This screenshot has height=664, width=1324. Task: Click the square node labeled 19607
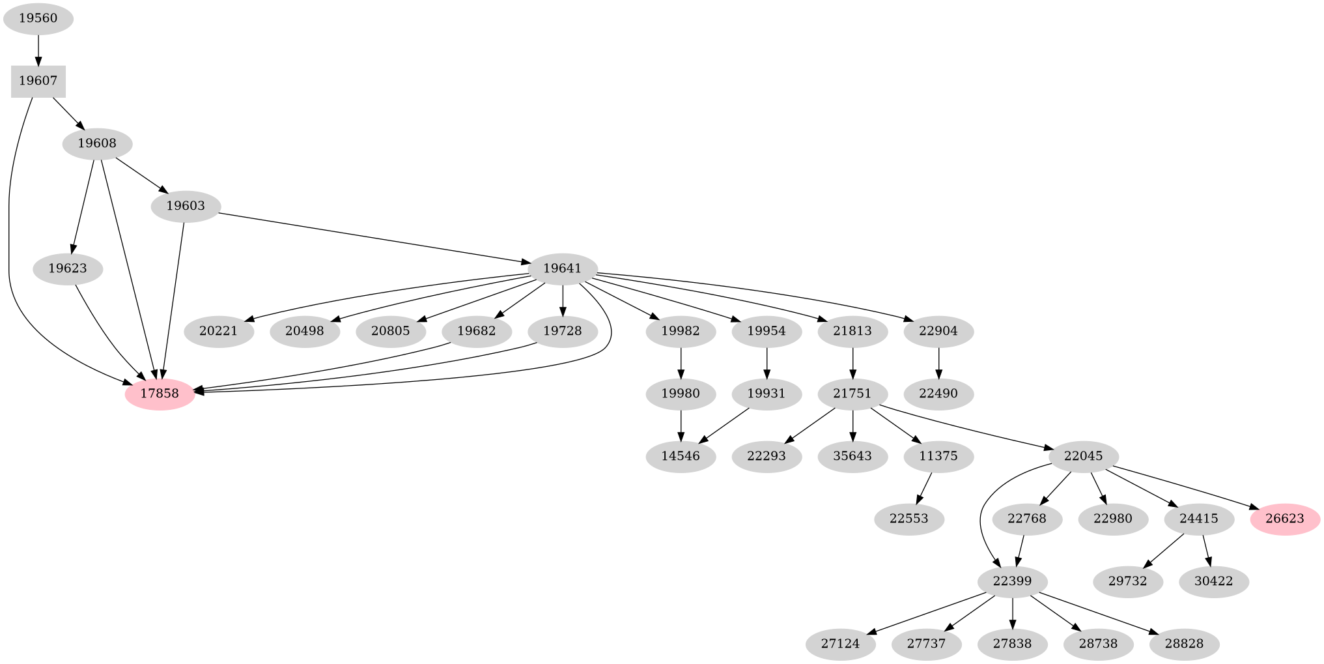click(38, 81)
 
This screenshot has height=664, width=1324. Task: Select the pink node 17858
click(160, 394)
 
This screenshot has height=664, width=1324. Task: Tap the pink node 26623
click(1285, 519)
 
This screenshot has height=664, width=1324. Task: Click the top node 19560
click(38, 19)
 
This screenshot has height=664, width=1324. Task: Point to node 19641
click(563, 268)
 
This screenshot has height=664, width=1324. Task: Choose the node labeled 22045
click(1084, 456)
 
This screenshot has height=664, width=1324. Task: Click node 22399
click(1013, 581)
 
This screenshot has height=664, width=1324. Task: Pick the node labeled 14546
click(681, 456)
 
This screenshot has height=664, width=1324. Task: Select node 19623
click(68, 268)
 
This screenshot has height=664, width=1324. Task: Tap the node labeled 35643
click(852, 456)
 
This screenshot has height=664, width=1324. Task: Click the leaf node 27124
click(840, 644)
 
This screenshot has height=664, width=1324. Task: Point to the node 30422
click(1214, 581)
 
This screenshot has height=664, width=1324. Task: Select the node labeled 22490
click(938, 394)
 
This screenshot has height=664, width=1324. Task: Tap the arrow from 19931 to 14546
click(724, 425)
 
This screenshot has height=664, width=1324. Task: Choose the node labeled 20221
click(219, 331)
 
